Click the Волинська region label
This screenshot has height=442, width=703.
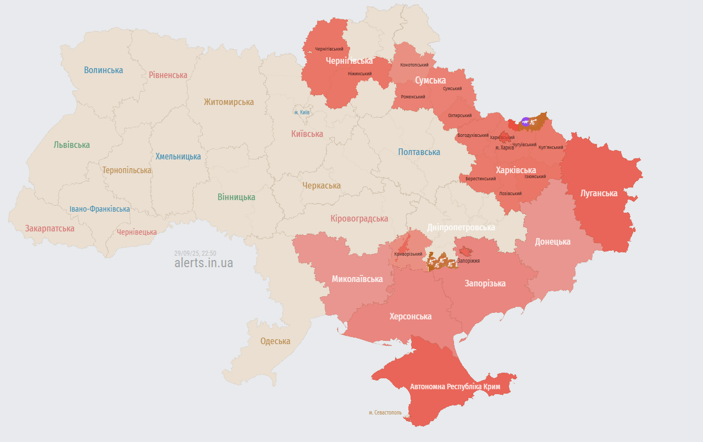103,70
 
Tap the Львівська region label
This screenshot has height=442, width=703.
71,145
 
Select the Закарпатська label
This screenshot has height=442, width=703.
49,228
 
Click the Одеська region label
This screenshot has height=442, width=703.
275,341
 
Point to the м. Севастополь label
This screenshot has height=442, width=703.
385,412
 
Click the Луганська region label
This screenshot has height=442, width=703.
599,194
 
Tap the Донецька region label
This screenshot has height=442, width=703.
552,242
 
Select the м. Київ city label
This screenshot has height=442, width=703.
302,112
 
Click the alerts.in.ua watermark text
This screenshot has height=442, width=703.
203,263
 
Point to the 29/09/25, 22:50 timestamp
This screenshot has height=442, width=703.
195,253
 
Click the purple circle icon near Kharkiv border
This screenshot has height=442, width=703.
525,122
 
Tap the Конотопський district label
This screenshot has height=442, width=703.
414,65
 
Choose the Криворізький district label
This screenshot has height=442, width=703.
408,254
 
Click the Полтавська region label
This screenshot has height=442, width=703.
419,152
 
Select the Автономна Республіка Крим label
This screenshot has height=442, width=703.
455,387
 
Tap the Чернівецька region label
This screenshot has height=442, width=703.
136,233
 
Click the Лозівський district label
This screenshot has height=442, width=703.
510,194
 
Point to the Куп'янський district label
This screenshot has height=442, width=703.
551,147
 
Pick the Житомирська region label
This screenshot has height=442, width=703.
229,102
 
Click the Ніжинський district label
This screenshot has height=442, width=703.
359,74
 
